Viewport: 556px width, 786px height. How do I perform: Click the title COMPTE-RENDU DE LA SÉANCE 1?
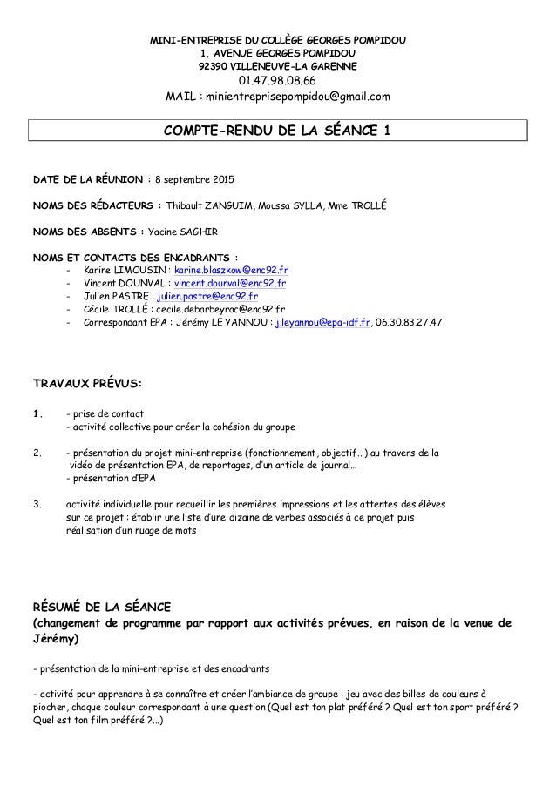click(x=278, y=131)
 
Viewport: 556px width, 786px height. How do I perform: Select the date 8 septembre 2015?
click(x=194, y=181)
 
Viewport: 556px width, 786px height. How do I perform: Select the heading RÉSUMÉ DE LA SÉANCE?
click(x=102, y=606)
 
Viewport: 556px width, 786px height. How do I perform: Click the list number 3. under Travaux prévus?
click(x=37, y=502)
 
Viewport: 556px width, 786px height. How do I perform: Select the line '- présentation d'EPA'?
click(x=112, y=478)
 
